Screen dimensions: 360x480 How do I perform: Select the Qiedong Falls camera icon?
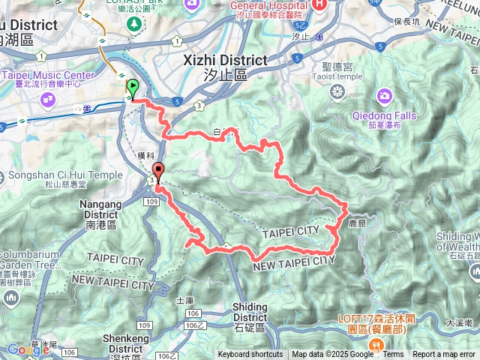point(384,95)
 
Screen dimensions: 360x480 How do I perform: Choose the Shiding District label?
point(250,312)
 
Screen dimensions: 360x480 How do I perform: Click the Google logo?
point(28,349)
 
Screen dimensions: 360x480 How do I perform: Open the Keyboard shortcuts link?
point(250,355)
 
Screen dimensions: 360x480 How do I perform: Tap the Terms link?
point(393,355)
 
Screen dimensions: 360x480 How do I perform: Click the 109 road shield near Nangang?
point(151,202)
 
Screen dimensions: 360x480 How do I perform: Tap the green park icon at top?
point(134,24)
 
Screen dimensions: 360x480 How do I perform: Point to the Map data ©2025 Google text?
point(332,355)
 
